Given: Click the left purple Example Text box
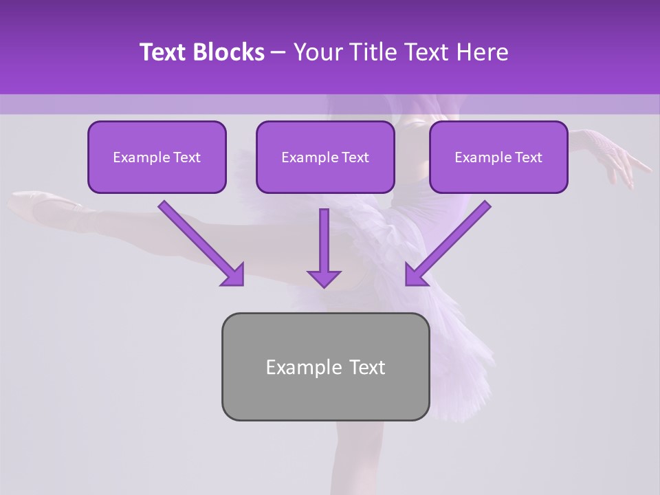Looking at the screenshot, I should [x=157, y=157].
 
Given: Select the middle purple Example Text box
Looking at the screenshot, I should [x=325, y=157].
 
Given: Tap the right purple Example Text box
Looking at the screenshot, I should [x=498, y=157].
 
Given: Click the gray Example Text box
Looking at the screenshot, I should [x=325, y=366].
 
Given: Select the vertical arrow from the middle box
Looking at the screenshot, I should [x=324, y=241].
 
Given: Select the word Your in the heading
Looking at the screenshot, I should [x=317, y=52].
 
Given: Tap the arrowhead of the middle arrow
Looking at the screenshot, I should [x=324, y=278].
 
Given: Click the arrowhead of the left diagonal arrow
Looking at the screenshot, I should [x=234, y=275].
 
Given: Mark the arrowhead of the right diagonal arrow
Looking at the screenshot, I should [x=415, y=275].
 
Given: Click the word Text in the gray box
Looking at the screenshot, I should [x=367, y=366].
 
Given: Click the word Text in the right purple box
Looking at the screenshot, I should [x=528, y=157].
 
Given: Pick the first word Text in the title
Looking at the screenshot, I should [x=164, y=52].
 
